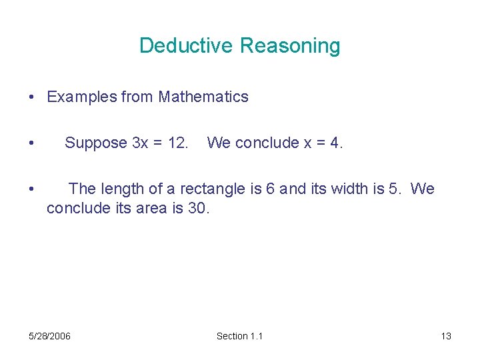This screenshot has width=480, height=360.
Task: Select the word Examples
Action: pos(81,97)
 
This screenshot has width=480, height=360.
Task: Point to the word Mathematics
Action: pos(203,97)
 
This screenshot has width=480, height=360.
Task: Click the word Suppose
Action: pos(96,143)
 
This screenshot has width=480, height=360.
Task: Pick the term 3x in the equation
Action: pos(140,143)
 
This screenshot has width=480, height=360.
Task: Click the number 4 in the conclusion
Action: pos(335,143)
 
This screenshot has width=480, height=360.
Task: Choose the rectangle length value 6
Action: pos(270,189)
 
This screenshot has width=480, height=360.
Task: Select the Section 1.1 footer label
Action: pos(240,336)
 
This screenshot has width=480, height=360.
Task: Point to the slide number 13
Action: pos(446,336)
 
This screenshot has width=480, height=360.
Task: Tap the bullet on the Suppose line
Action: pos(32,143)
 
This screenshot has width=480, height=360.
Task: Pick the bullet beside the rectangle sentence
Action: pos(32,190)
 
